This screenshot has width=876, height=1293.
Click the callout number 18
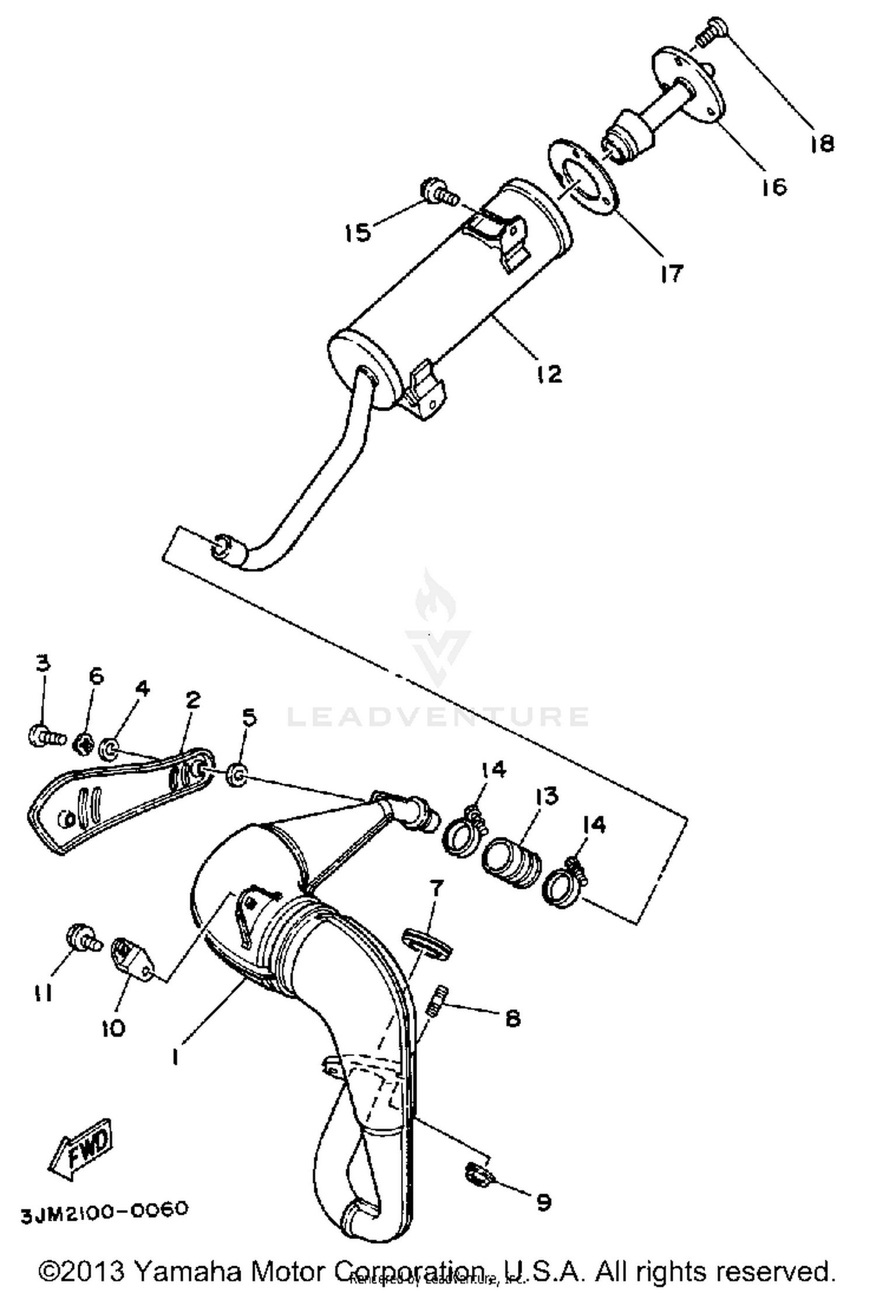822,143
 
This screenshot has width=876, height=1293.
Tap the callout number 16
774,187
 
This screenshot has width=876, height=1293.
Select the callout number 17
672,273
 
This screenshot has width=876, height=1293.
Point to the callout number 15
358,232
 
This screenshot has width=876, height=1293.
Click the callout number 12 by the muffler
549,373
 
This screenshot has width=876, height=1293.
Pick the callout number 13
547,796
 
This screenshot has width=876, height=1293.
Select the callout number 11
42,992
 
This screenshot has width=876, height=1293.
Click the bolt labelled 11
82,937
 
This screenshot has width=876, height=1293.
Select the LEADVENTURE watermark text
438,717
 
